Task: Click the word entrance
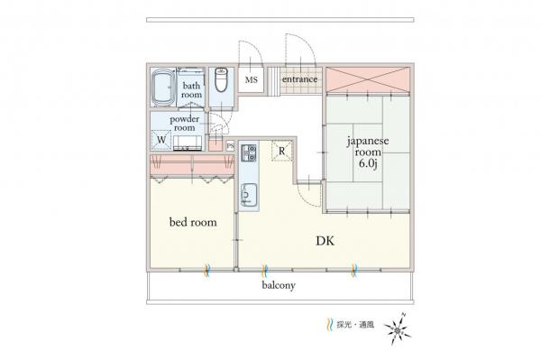(299, 80)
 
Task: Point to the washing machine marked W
(161, 140)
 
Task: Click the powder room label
(185, 123)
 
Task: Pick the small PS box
(231, 146)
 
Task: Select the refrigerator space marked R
(281, 151)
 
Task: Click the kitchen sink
(248, 193)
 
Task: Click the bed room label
(193, 222)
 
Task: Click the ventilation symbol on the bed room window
(206, 268)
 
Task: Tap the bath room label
(191, 89)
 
